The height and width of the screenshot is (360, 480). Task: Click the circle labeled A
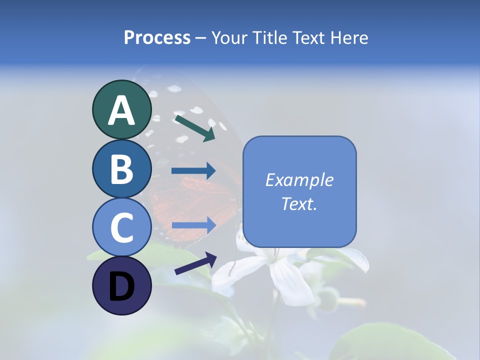121,109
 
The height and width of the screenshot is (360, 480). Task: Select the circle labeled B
121,168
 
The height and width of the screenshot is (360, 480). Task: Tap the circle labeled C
121,227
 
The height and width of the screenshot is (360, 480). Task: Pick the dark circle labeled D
121,285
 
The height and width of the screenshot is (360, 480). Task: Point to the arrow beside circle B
193,171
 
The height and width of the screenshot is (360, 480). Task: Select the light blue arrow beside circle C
193,224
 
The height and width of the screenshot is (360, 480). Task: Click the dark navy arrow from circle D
195,263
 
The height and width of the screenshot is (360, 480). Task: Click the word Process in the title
157,37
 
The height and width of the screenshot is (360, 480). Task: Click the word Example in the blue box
299,180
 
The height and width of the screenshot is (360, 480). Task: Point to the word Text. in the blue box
299,203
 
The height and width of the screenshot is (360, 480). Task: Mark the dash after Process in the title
201,38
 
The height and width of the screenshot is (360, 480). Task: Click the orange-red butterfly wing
200,200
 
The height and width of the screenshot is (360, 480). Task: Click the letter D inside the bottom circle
121,287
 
